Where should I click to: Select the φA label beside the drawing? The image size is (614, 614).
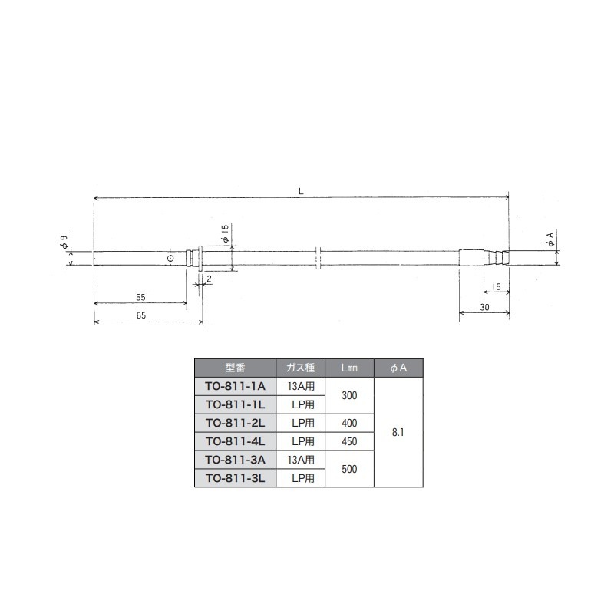[550, 239]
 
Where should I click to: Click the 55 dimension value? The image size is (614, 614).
[140, 296]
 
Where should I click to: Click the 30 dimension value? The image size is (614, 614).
[484, 306]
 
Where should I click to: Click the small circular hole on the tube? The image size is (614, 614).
[170, 259]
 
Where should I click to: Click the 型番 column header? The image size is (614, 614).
[234, 368]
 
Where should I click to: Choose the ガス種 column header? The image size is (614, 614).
[300, 368]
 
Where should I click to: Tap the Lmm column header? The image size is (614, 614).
[350, 368]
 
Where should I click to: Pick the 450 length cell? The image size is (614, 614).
[350, 441]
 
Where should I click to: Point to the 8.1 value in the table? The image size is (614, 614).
[398, 432]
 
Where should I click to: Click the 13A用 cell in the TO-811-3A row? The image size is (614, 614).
[300, 460]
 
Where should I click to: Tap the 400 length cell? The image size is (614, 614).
[350, 423]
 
